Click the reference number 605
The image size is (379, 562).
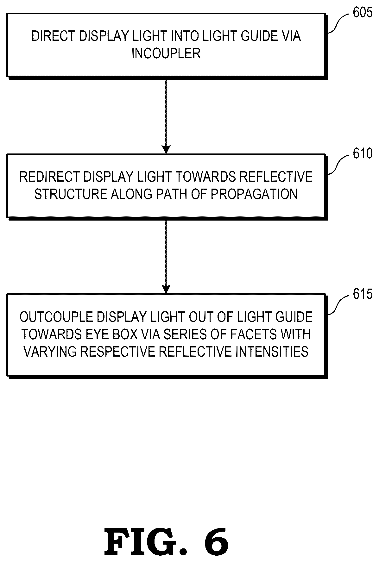click(x=363, y=13)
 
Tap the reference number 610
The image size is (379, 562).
click(x=363, y=154)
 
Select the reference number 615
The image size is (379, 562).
click(x=363, y=294)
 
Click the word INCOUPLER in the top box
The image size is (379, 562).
click(x=166, y=53)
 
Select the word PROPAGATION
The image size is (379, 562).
click(x=254, y=194)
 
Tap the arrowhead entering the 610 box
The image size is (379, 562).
click(x=166, y=150)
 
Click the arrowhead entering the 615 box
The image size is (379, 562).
click(x=166, y=290)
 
